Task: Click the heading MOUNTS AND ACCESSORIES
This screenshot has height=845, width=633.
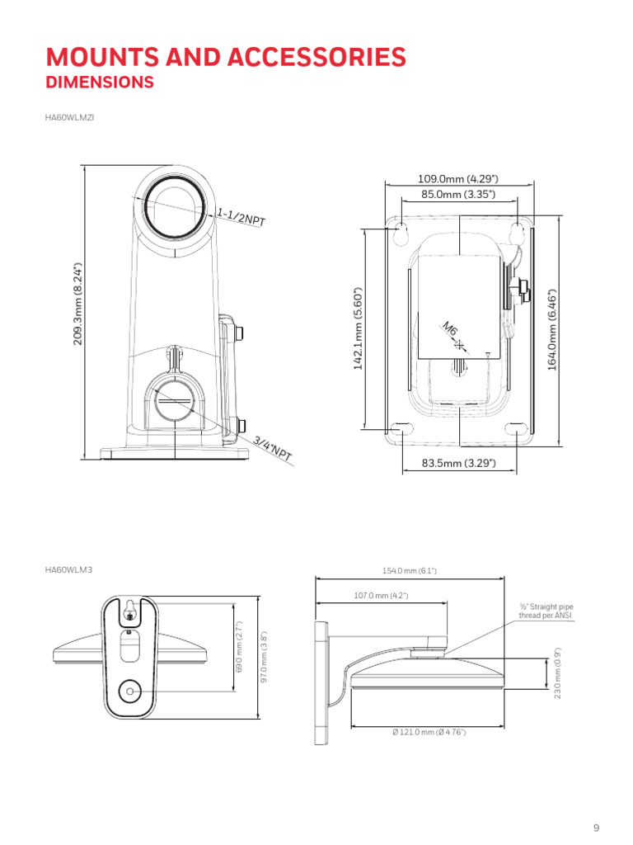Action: (x=226, y=57)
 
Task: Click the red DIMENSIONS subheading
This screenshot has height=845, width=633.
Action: (x=100, y=82)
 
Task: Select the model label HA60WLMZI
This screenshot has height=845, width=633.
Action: (x=69, y=117)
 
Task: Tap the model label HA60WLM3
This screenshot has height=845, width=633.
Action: (x=69, y=569)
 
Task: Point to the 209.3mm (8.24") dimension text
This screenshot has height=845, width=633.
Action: (x=78, y=304)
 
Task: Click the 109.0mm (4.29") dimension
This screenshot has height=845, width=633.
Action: (x=458, y=178)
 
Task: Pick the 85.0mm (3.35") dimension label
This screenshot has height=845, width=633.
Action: (x=458, y=194)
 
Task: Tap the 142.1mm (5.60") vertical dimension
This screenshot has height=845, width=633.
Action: (x=358, y=328)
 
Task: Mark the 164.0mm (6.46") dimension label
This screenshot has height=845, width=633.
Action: (x=551, y=330)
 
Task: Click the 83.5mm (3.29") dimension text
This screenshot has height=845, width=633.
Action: (x=458, y=463)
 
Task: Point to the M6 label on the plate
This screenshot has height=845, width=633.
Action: (x=449, y=328)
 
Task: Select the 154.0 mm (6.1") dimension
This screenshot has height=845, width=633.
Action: (x=409, y=571)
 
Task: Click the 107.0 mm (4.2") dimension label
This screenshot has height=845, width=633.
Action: (x=381, y=596)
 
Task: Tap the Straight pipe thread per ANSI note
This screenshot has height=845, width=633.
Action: (x=546, y=611)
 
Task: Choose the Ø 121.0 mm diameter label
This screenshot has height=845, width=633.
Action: (x=429, y=732)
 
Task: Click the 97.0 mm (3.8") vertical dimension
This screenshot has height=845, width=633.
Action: (x=264, y=657)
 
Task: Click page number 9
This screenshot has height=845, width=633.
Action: (x=597, y=828)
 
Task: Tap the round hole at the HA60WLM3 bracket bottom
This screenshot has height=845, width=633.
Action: (x=129, y=691)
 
